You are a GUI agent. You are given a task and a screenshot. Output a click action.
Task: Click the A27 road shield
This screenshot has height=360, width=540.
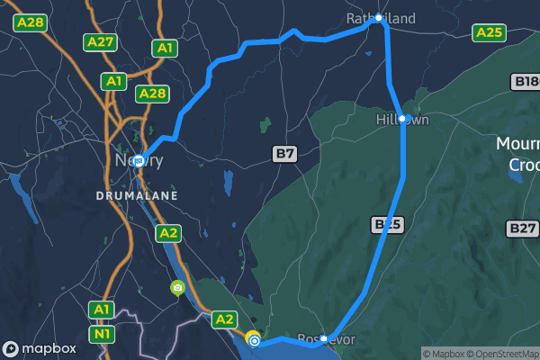[x=100, y=41]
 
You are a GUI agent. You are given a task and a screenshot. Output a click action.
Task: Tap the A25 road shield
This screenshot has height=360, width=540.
[x=489, y=32]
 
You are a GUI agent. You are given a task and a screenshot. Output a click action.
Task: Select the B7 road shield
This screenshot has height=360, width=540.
[x=284, y=154]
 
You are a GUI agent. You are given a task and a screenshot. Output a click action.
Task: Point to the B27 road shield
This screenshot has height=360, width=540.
[x=522, y=229]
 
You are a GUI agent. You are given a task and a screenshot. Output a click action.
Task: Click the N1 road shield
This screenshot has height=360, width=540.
[x=102, y=335]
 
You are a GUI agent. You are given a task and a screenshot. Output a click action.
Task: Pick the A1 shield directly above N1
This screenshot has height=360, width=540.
[x=102, y=310]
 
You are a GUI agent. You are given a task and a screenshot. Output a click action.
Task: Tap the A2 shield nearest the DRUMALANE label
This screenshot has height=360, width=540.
[x=167, y=233]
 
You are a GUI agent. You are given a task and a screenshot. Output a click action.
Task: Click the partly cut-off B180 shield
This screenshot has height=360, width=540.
[x=526, y=82]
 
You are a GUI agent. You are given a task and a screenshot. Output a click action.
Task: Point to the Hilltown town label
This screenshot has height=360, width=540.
[x=401, y=119]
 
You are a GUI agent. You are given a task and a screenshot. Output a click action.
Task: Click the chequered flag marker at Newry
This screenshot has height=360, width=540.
[x=139, y=161]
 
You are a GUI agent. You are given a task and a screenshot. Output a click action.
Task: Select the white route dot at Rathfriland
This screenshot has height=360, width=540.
[x=379, y=18]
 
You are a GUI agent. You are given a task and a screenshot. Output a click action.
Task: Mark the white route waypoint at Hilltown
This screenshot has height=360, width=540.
[x=404, y=119]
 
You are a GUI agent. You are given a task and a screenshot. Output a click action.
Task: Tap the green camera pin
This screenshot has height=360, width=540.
[x=178, y=288]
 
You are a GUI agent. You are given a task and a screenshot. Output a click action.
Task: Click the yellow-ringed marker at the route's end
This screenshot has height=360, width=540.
[x=254, y=340]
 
